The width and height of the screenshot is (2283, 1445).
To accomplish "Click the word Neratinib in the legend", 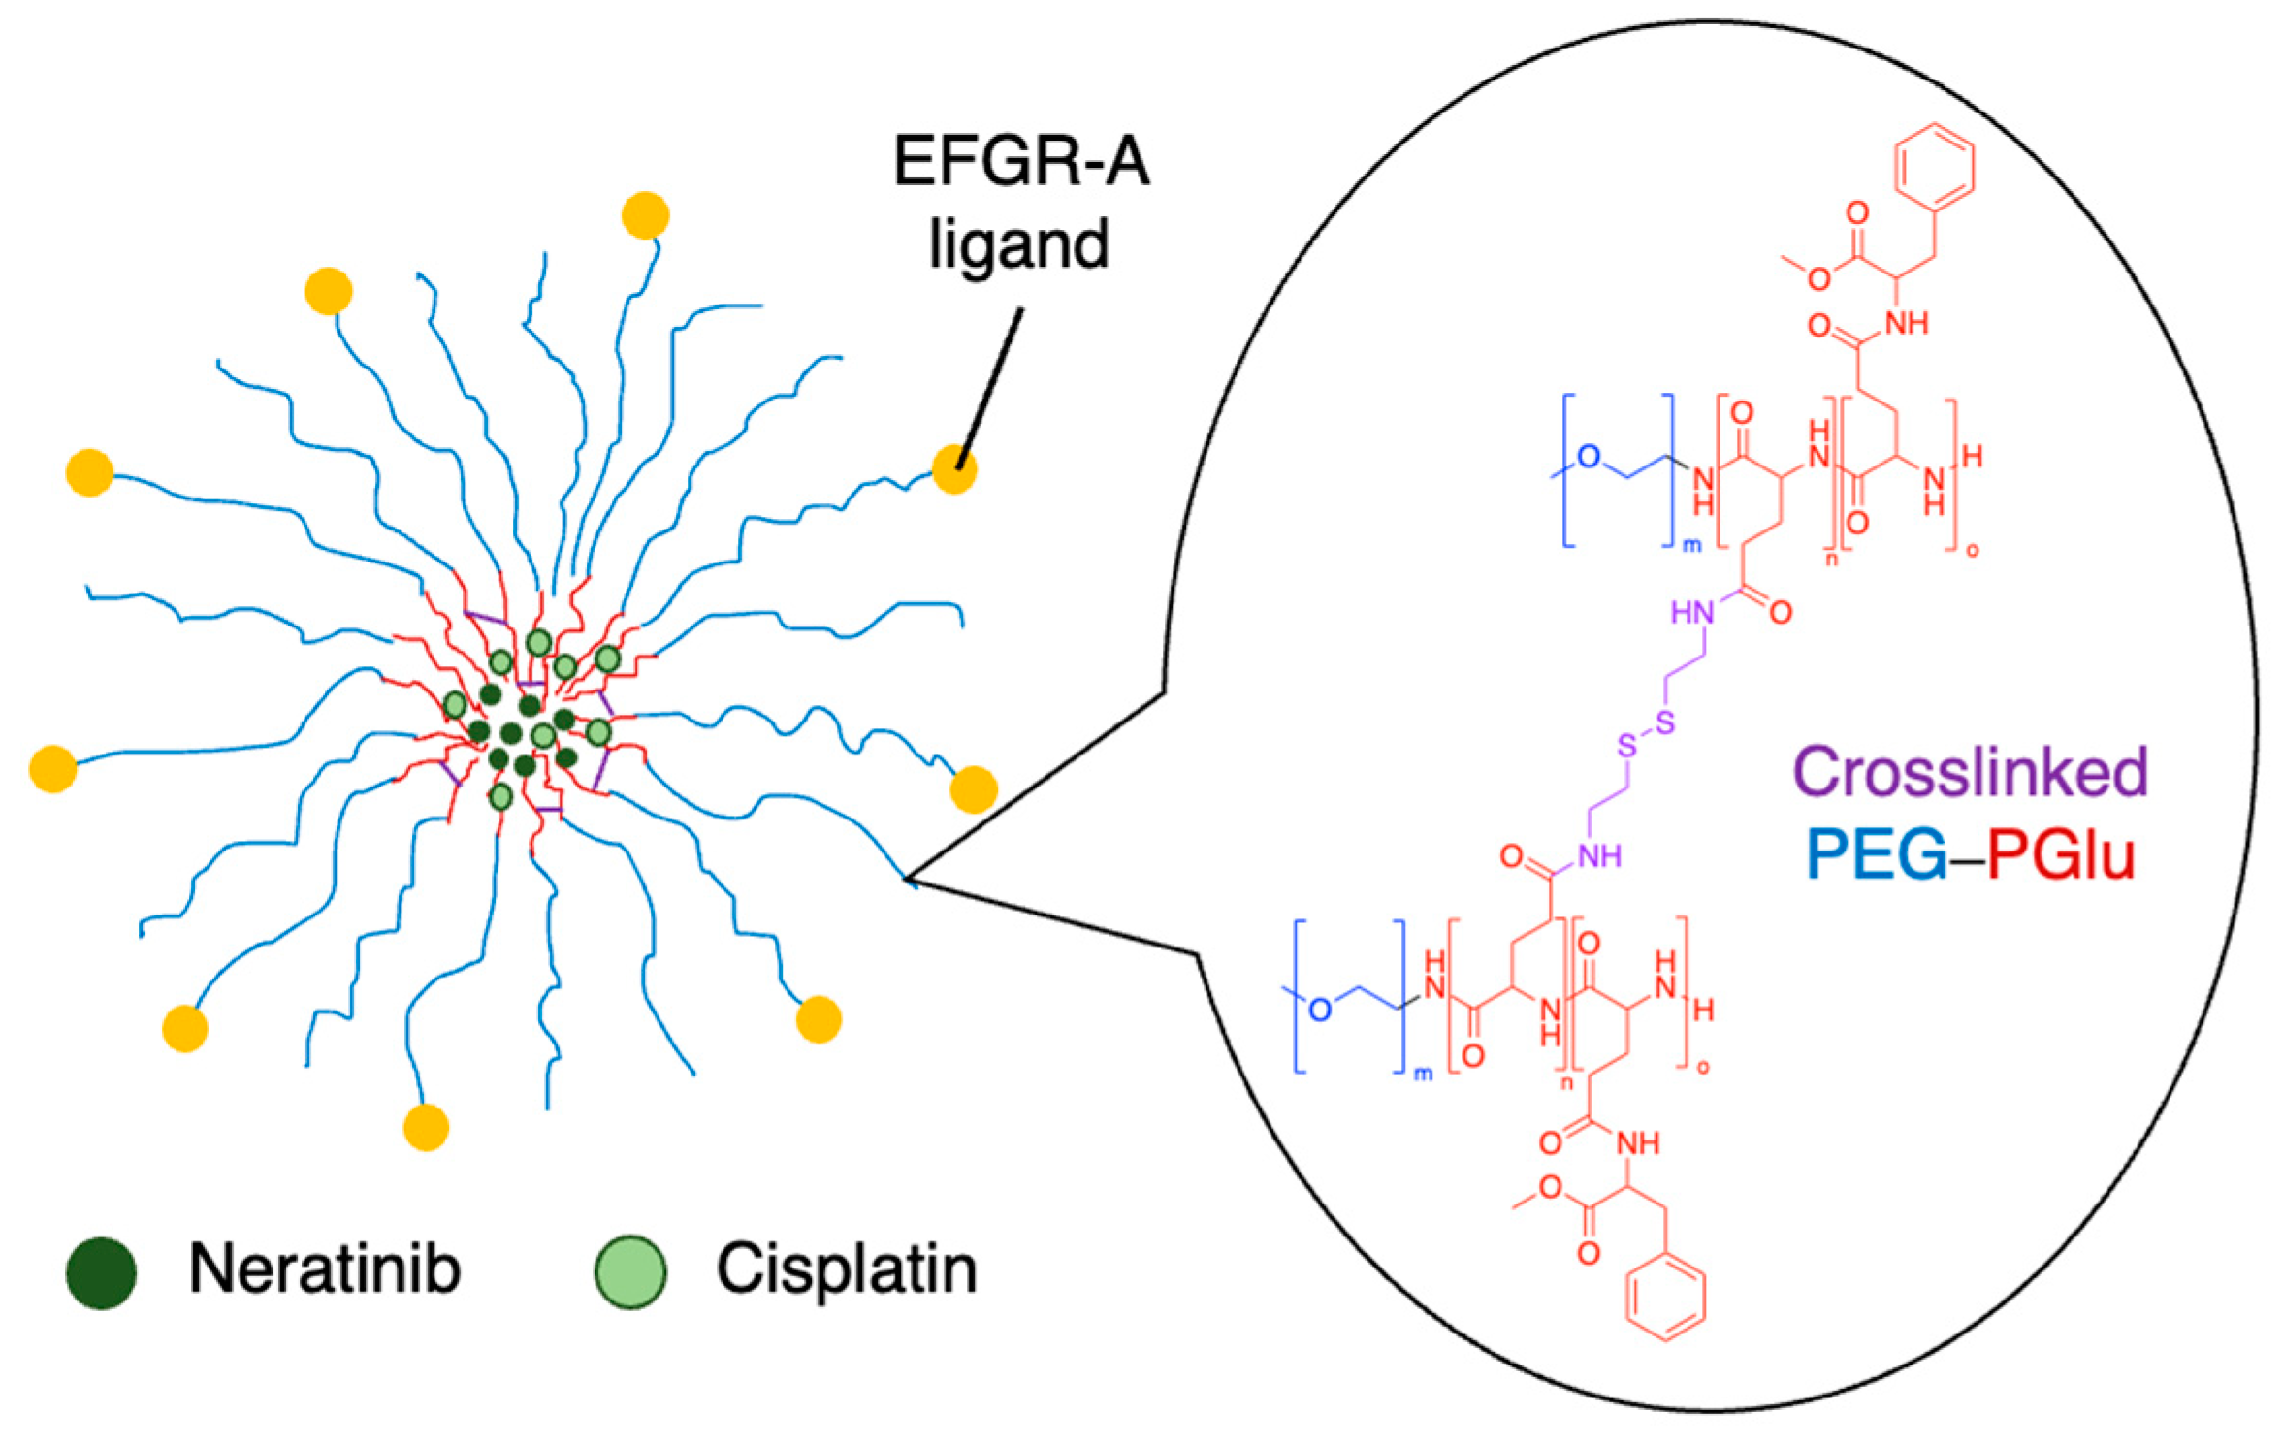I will coord(324,1268).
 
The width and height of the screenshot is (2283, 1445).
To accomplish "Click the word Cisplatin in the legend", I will coord(846,1268).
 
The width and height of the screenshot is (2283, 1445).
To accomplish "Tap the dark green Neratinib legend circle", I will coord(101,1272).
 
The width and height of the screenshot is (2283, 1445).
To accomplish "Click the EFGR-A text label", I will coord(1020,161).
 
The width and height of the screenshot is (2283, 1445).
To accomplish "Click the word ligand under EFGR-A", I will coord(1018,244).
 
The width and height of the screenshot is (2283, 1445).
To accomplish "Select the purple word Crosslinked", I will coord(1970,772).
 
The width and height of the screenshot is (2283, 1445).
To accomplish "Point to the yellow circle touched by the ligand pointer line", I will coord(954,469).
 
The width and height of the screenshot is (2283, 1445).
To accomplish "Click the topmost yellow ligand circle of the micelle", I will coord(645,215).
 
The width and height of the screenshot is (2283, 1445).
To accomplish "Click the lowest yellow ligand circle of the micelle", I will coord(426,1127).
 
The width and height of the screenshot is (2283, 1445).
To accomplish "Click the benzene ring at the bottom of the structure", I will coord(1665,1300).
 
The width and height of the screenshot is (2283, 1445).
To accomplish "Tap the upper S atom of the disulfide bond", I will coord(1665,722).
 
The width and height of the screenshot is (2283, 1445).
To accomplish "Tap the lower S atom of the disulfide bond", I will coord(1626,746).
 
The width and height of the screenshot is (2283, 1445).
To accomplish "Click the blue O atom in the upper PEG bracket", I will coord(1589,457).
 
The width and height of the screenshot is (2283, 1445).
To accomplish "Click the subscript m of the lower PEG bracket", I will coord(1423,1074).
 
